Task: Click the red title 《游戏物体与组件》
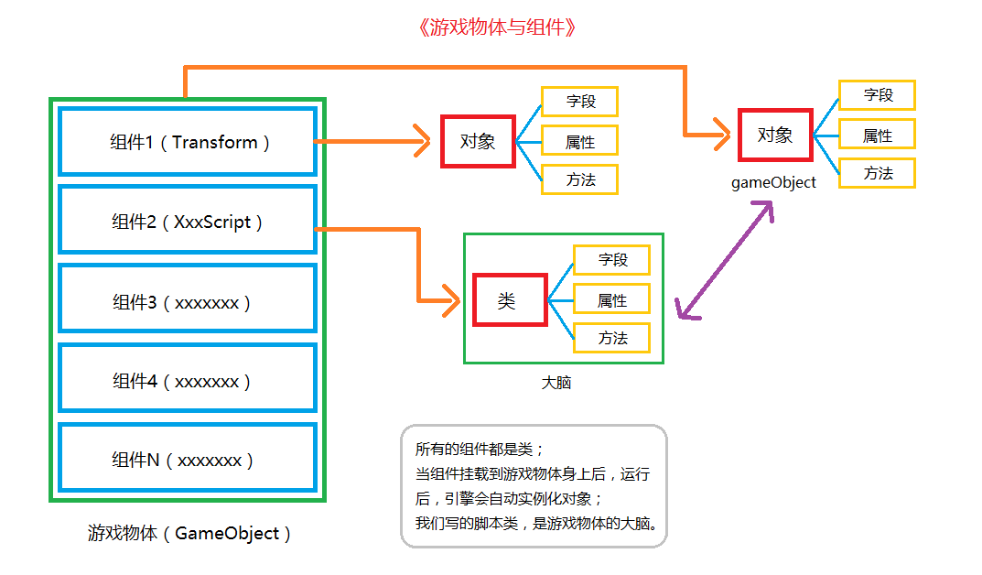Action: pos(495,27)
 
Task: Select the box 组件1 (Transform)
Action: pos(188,142)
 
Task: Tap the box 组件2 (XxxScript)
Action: pos(188,221)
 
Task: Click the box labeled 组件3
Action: pos(188,300)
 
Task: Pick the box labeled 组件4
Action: pos(188,380)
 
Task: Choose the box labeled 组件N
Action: pos(188,459)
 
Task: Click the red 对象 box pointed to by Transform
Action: pos(478,141)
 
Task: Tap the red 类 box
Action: pos(510,300)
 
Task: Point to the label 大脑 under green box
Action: pos(556,383)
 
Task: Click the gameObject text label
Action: pos(773,182)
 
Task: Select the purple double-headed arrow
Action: pos(725,262)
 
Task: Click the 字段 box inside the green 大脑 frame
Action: pos(612,260)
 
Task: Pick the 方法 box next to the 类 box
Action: pos(612,338)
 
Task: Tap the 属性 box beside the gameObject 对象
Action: pos(877,136)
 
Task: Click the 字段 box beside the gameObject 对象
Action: pos(877,95)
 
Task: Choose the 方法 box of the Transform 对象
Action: pos(580,179)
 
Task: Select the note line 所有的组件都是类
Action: pos(480,450)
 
